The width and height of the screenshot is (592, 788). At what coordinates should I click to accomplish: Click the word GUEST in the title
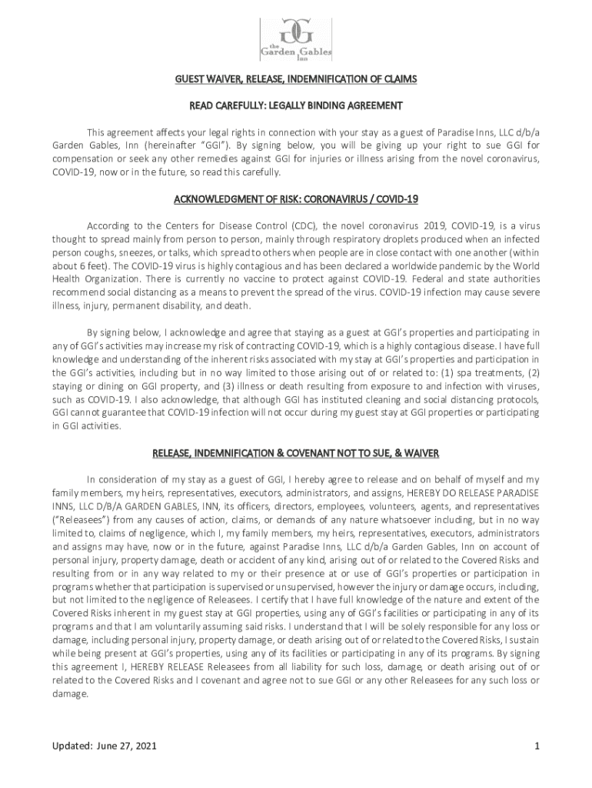coord(190,79)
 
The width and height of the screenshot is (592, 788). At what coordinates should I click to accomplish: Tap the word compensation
coord(85,158)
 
